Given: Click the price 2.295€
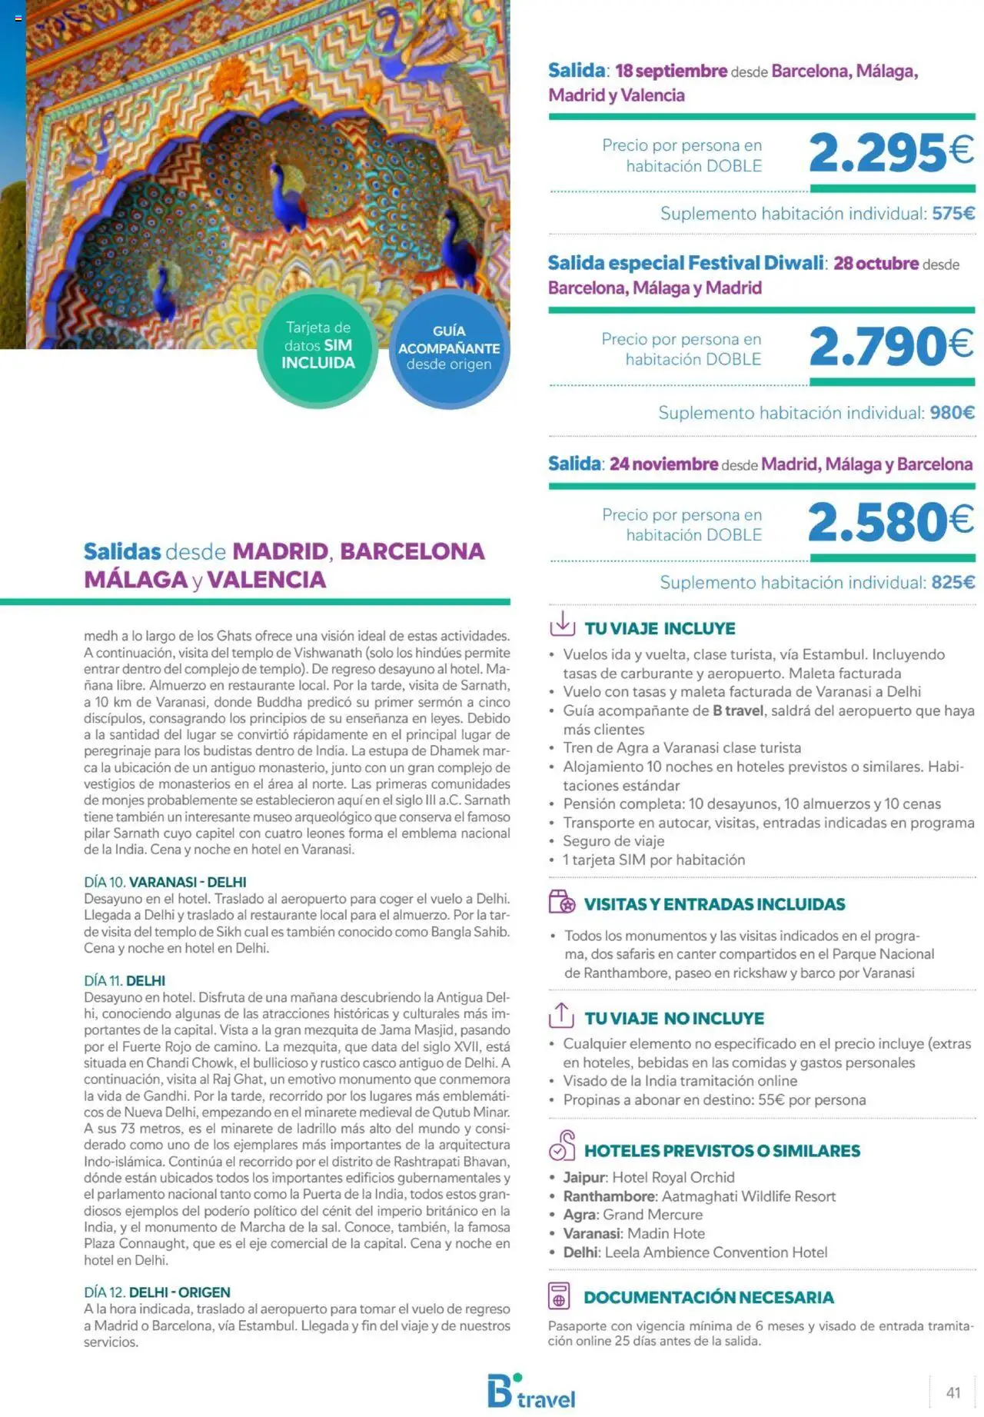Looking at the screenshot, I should coord(890,152).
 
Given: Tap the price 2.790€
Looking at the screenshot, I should coord(890,346).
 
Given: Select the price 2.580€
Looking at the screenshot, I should coord(890,522).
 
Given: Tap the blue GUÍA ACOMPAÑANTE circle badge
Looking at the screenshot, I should coord(449,348).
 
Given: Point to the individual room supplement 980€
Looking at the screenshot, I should coord(952,413).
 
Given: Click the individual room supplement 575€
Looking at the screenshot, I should coord(952,214).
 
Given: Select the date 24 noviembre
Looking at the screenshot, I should coord(663,464).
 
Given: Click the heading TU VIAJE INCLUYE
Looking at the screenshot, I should coord(660,628).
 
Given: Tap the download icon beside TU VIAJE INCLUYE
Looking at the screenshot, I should coord(562,624).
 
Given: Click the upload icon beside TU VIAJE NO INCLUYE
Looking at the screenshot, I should coord(561,1015).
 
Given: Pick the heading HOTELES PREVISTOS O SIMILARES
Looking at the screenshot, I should coord(722,1151).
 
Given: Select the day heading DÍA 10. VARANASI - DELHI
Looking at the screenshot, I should coord(165,882).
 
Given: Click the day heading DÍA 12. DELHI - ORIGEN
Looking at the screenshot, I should coord(157,1292).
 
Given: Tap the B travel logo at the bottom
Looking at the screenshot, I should coord(530,1392).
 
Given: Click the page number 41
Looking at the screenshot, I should coord(953,1392).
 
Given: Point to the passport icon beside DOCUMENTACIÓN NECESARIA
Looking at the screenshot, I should coord(559,1296).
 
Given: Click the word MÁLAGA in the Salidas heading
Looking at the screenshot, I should coord(135,580).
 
